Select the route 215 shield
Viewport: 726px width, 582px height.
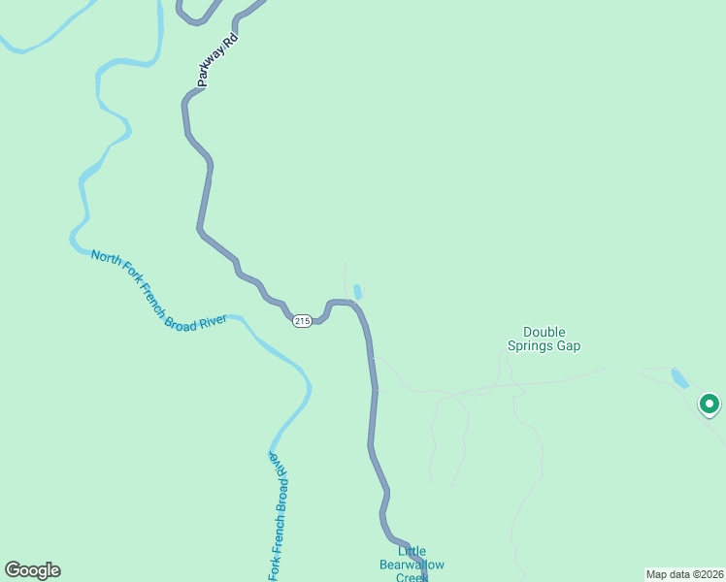tap(302, 321)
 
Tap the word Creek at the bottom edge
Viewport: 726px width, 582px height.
tap(412, 577)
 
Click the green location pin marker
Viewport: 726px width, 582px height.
tap(709, 404)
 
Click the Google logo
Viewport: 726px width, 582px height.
tap(32, 570)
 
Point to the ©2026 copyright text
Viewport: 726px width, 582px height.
tap(705, 573)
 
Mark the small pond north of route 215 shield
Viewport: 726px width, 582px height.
tap(358, 292)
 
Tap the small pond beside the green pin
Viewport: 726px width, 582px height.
tap(680, 378)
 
